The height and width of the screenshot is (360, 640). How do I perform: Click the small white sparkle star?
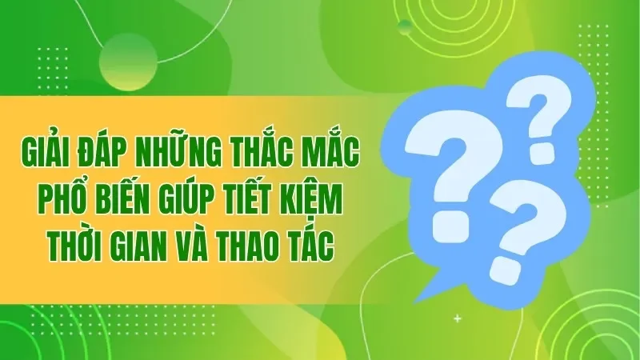point(457,318)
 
